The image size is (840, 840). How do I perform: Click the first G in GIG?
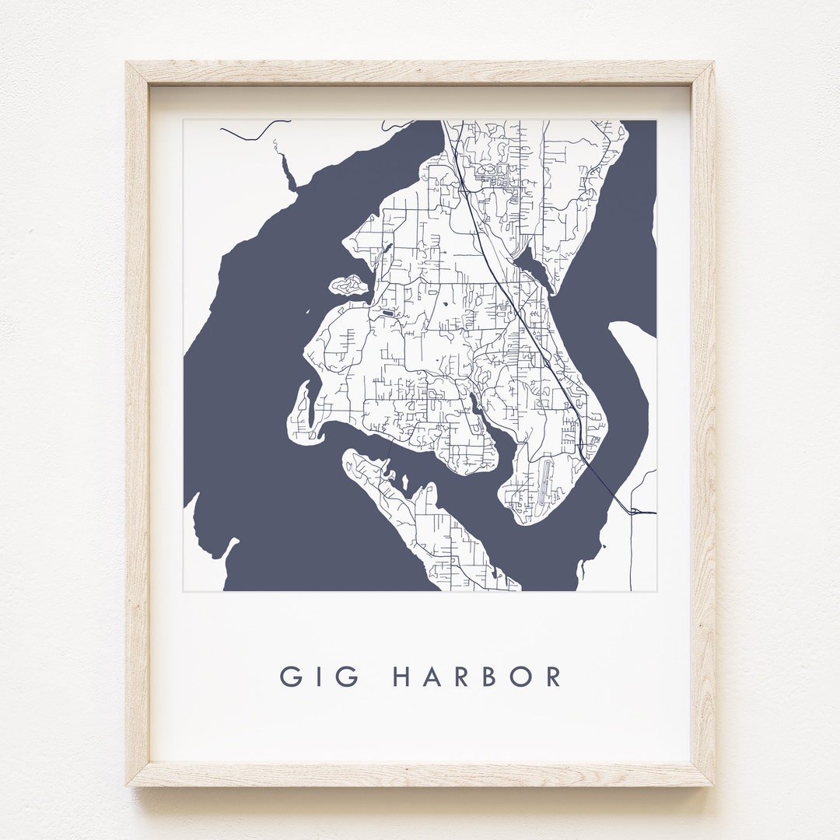[292, 676]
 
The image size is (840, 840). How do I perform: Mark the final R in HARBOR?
[553, 676]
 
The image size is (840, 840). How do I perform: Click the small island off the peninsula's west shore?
[348, 285]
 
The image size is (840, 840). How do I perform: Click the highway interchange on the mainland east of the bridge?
[635, 511]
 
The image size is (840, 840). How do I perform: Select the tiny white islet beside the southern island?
[404, 482]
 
